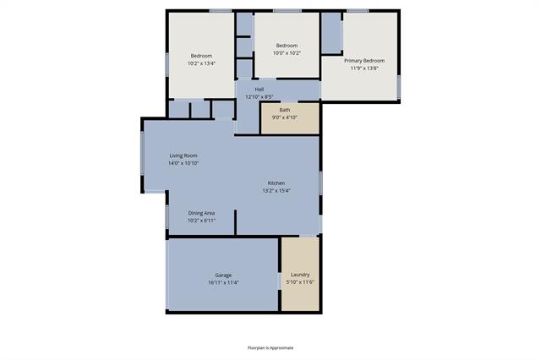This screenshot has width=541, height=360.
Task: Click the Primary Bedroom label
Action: point(364,60)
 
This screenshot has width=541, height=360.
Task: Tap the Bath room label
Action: point(285,109)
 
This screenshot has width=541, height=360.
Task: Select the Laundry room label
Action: point(299,274)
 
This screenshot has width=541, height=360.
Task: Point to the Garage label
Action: point(223,275)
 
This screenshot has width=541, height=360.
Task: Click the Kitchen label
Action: point(276,183)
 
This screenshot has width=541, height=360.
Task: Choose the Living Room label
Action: point(183,155)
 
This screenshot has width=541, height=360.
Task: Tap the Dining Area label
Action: point(201,213)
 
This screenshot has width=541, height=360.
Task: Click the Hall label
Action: point(260,89)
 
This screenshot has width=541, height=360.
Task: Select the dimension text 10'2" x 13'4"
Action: point(201,63)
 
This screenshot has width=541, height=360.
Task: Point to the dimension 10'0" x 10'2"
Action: point(287,52)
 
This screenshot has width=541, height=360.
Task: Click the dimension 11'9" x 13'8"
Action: point(364,68)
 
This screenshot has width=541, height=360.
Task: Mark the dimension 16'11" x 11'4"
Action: point(223,282)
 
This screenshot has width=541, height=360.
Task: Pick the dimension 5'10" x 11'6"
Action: point(300,281)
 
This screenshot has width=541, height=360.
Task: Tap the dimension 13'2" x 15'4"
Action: point(276,190)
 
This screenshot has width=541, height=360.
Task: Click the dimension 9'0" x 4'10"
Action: point(285,117)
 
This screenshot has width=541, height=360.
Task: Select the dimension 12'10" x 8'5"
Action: point(260,96)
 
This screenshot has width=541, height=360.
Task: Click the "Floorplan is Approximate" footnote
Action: point(270,347)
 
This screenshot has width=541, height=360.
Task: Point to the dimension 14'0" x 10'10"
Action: point(183,163)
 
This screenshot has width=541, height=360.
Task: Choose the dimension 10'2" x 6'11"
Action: point(201,221)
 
